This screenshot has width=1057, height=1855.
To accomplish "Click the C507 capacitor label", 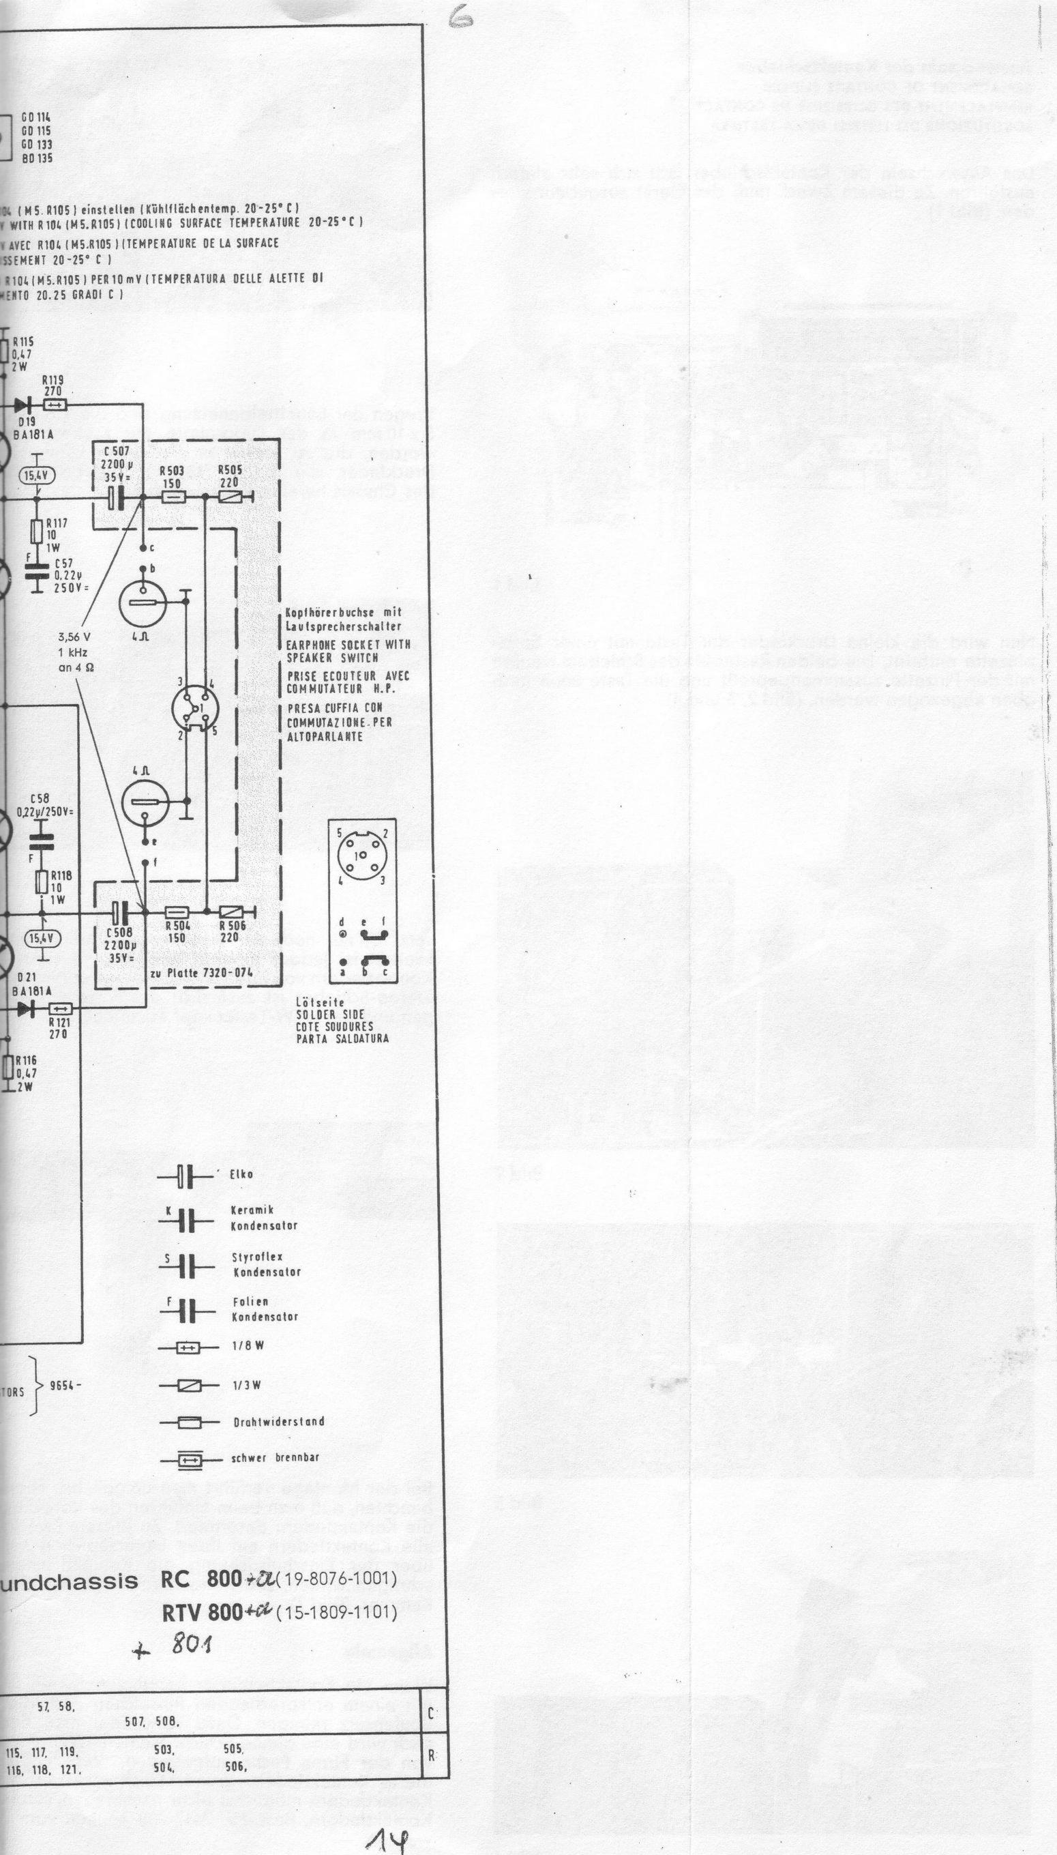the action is point(117,452).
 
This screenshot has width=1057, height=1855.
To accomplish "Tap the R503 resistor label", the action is point(172,471).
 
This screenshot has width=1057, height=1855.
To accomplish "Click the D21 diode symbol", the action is point(31,1009).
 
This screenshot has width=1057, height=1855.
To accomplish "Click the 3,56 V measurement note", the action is point(74,637).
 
